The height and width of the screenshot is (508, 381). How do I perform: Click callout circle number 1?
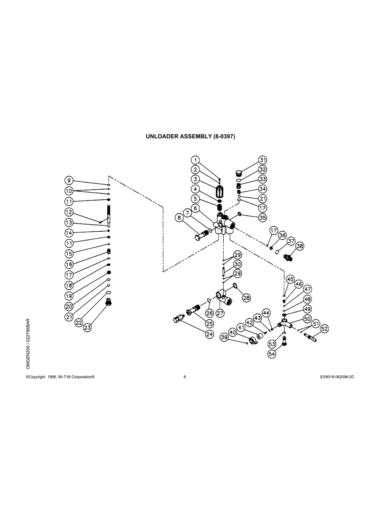click(x=195, y=160)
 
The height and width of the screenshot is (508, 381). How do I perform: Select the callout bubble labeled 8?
click(x=180, y=218)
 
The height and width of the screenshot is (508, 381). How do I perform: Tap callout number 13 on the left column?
click(x=69, y=222)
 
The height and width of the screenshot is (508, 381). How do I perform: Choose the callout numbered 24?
click(x=209, y=335)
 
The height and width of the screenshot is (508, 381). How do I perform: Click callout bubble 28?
click(x=246, y=298)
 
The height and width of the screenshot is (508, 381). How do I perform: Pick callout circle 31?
click(x=263, y=160)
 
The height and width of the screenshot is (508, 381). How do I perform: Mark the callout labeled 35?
click(x=263, y=218)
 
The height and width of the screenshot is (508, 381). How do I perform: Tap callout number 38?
click(x=299, y=246)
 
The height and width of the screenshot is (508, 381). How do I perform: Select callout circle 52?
click(x=324, y=328)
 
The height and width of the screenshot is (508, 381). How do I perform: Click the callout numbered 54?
click(x=272, y=355)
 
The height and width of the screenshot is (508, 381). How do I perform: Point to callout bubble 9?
click(x=69, y=180)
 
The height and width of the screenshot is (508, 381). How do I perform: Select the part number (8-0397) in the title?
click(x=220, y=137)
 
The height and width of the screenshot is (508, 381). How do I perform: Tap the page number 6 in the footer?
click(x=185, y=377)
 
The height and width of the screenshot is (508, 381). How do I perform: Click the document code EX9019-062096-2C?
click(x=337, y=377)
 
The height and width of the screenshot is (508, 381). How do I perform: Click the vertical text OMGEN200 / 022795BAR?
click(x=28, y=344)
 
